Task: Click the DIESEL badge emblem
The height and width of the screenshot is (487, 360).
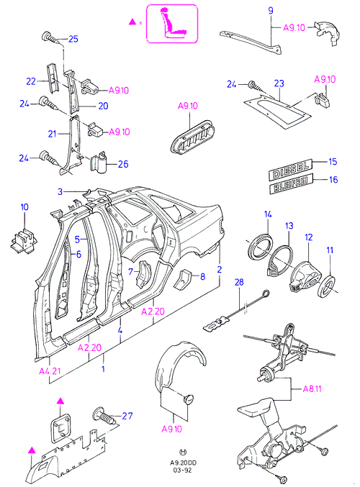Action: pyautogui.click(x=290, y=169)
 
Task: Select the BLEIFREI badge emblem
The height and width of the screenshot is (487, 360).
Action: pyautogui.click(x=292, y=183)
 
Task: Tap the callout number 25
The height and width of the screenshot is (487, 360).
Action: pyautogui.click(x=73, y=39)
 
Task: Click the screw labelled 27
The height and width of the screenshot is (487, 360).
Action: pyautogui.click(x=104, y=416)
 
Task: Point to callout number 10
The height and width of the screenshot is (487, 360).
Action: pyautogui.click(x=24, y=207)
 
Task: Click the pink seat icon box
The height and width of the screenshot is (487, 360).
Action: pyautogui.click(x=172, y=24)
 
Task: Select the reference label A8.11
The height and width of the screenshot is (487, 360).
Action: pyautogui.click(x=312, y=388)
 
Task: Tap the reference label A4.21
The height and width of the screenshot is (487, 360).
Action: pyautogui.click(x=50, y=371)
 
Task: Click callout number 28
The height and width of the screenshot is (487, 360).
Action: pyautogui.click(x=239, y=282)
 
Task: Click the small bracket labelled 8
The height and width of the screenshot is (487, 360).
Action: pyautogui.click(x=184, y=279)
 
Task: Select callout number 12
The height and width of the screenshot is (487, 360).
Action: pyautogui.click(x=308, y=237)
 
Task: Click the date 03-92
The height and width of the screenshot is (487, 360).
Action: pyautogui.click(x=182, y=470)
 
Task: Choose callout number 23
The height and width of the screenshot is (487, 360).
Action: pyautogui.click(x=279, y=83)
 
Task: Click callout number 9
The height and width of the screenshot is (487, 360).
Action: pyautogui.click(x=271, y=11)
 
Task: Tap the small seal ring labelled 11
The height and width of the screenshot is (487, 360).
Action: pyautogui.click(x=327, y=286)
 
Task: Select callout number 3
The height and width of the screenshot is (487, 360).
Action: pyautogui.click(x=60, y=191)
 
